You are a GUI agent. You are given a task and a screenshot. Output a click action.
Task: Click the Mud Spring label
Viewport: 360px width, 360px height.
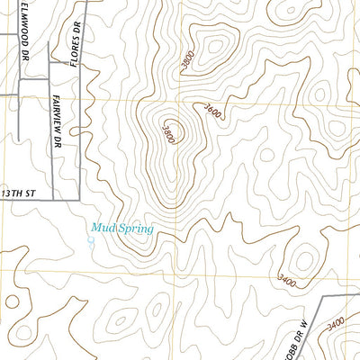coord(121,229)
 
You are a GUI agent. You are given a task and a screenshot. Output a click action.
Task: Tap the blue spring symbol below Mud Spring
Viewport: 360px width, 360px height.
coord(91,240)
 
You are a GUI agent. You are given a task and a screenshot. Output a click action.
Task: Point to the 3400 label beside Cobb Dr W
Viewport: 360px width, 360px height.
coord(337,322)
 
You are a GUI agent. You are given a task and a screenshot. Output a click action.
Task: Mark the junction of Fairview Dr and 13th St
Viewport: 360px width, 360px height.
coord(53,197)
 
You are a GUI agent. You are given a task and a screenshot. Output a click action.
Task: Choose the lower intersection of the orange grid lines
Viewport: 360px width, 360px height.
coord(177,269)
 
